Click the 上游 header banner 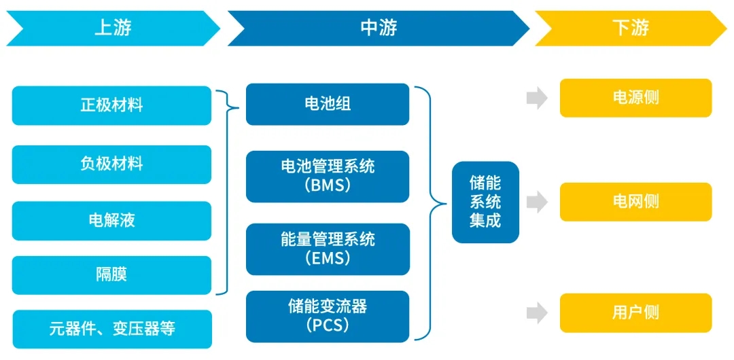tap(113, 28)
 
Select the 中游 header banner tap(378, 28)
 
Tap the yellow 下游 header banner tap(630, 28)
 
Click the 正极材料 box tap(112, 105)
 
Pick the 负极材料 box tap(112, 164)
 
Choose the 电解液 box tap(112, 220)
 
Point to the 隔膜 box tap(112, 275)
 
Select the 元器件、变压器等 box tap(112, 329)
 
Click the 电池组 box tap(328, 104)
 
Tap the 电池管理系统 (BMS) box tap(328, 176)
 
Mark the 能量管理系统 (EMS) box tap(328, 249)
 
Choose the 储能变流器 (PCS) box tap(328, 316)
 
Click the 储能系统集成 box tap(485, 202)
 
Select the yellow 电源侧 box tap(635, 98)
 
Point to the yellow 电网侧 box tap(635, 202)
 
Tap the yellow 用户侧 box tap(635, 313)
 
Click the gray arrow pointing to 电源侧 tap(537, 98)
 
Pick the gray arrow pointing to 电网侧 tap(537, 202)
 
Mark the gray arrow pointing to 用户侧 tap(537, 313)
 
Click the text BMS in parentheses tap(328, 185)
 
